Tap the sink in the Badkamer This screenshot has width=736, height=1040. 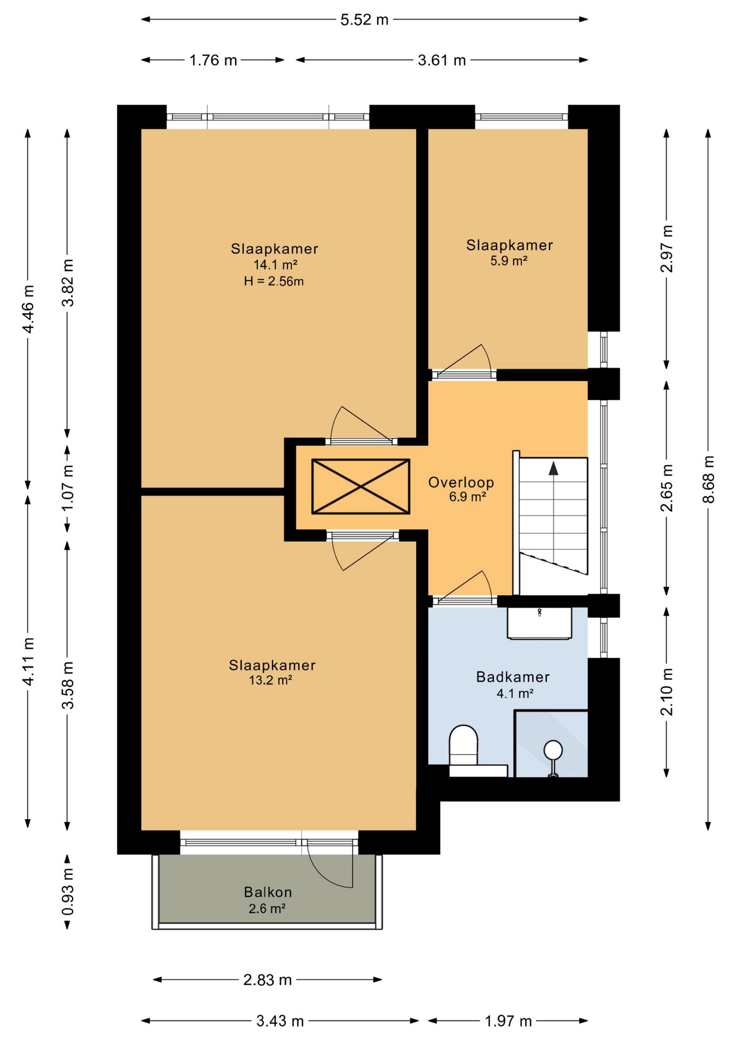click(539, 623)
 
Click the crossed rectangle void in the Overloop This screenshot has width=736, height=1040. click(360, 486)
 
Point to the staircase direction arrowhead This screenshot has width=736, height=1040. click(553, 468)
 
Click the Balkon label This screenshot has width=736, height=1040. click(268, 892)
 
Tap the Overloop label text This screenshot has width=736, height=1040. click(461, 482)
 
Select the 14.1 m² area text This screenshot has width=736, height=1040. click(275, 265)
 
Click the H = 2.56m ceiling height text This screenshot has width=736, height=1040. click(274, 281)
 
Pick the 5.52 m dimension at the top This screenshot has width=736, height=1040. click(364, 19)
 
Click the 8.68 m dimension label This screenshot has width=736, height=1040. click(708, 479)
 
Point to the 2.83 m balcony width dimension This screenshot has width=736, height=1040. click(267, 980)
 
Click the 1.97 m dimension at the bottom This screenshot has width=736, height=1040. click(508, 1021)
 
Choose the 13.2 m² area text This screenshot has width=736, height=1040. click(270, 680)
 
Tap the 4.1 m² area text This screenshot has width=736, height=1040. click(515, 693)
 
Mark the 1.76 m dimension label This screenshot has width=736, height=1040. click(213, 60)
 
